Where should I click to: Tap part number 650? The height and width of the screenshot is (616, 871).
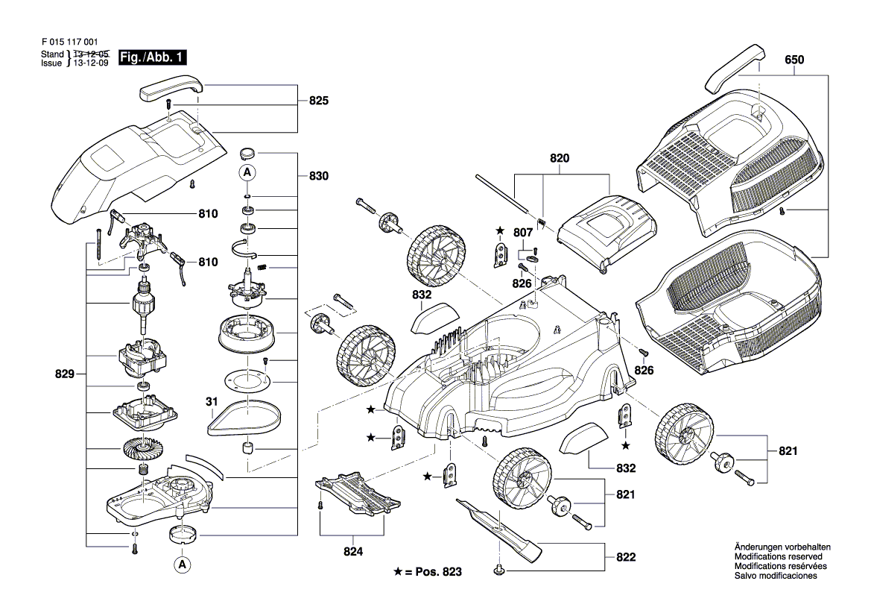(x=795, y=59)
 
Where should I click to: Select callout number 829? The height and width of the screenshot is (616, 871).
(x=64, y=374)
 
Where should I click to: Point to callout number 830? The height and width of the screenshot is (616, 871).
(x=319, y=176)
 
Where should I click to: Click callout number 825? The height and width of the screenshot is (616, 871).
(x=319, y=100)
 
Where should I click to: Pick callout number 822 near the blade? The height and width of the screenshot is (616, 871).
(x=625, y=557)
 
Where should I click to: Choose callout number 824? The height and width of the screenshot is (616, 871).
(x=353, y=552)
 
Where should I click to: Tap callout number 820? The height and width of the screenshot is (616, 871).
(x=560, y=159)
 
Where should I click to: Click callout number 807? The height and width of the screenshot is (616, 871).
(x=524, y=232)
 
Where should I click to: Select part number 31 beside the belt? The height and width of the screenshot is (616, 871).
(x=212, y=402)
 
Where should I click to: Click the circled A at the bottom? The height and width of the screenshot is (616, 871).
(x=180, y=565)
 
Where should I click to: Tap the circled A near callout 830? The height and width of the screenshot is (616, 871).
(x=247, y=172)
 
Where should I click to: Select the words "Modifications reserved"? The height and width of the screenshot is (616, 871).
(x=778, y=557)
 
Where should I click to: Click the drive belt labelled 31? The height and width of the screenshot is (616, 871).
(x=244, y=418)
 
